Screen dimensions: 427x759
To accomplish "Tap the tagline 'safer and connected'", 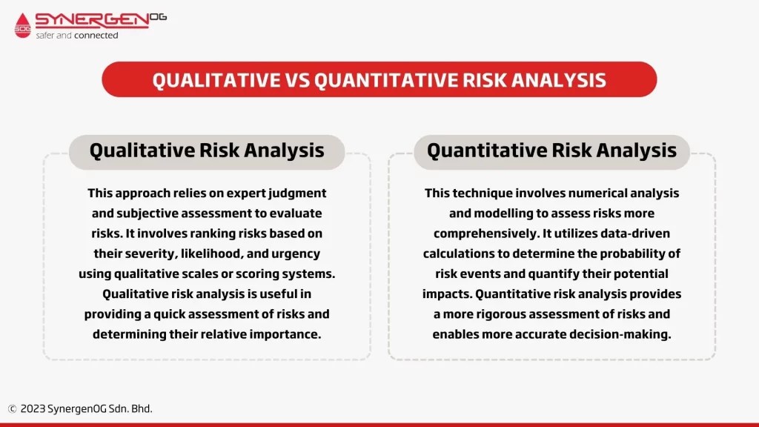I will click(x=77, y=35).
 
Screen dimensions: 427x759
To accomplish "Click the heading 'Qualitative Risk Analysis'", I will click(x=207, y=150).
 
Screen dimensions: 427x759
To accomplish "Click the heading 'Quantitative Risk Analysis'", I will click(x=551, y=150).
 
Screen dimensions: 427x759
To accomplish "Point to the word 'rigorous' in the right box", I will click(x=504, y=314).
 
